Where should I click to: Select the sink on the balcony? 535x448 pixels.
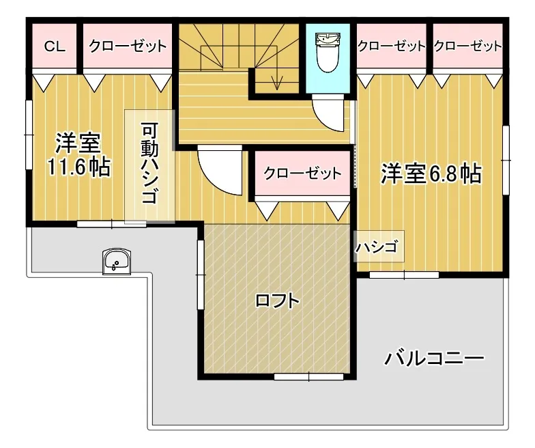coord(117,262)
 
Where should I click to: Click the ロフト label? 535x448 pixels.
coord(277,300)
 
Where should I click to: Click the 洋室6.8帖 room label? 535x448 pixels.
coord(431,174)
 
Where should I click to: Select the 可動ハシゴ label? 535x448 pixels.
coord(149,164)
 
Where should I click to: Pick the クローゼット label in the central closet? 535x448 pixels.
coord(302,173)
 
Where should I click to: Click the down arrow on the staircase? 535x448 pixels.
coord(276,81)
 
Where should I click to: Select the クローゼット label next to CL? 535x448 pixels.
coord(127,46)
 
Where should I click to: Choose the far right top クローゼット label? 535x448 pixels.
coord(467,46)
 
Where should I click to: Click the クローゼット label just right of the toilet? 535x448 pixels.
coord(392,46)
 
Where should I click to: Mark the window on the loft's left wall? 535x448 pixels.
coord(200,274)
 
